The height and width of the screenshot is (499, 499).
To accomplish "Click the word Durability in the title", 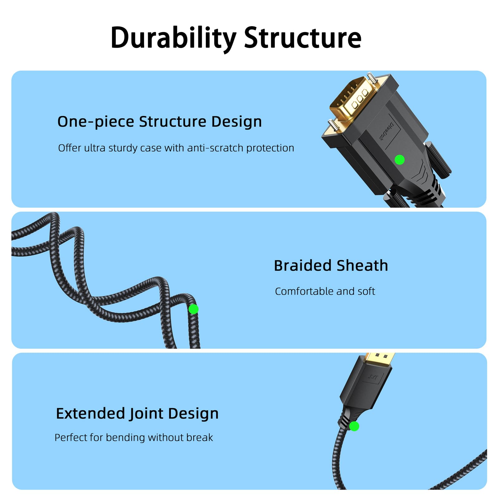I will click(x=173, y=38).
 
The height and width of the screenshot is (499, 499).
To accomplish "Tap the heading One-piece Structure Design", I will click(x=159, y=122).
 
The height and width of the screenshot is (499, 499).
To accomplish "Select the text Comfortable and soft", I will click(x=325, y=291).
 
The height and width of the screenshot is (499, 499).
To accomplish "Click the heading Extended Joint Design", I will click(x=137, y=414).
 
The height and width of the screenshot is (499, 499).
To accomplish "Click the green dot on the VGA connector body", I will click(x=400, y=160).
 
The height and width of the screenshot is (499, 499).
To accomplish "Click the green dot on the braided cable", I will click(x=193, y=309).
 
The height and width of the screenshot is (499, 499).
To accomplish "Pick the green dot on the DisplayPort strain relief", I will click(x=354, y=426).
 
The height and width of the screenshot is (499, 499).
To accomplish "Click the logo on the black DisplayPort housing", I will click(x=373, y=378).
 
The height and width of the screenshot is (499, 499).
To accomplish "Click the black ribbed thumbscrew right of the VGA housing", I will click(x=438, y=161).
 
